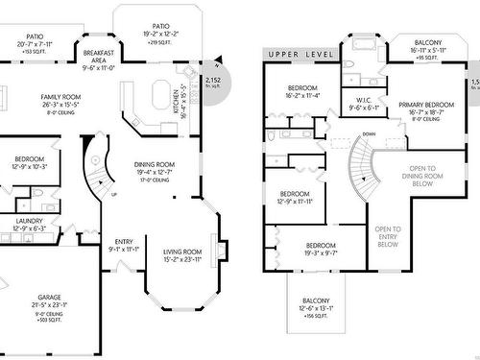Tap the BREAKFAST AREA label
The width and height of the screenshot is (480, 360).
(x=101, y=54)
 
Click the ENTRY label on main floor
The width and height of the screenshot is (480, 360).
(x=125, y=242)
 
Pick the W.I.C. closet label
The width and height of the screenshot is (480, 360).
(x=363, y=100)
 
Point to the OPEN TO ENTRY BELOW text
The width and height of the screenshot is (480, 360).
(x=388, y=236)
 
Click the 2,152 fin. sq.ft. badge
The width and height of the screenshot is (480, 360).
(x=214, y=81)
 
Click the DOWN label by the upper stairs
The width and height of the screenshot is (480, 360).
(x=343, y=134)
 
